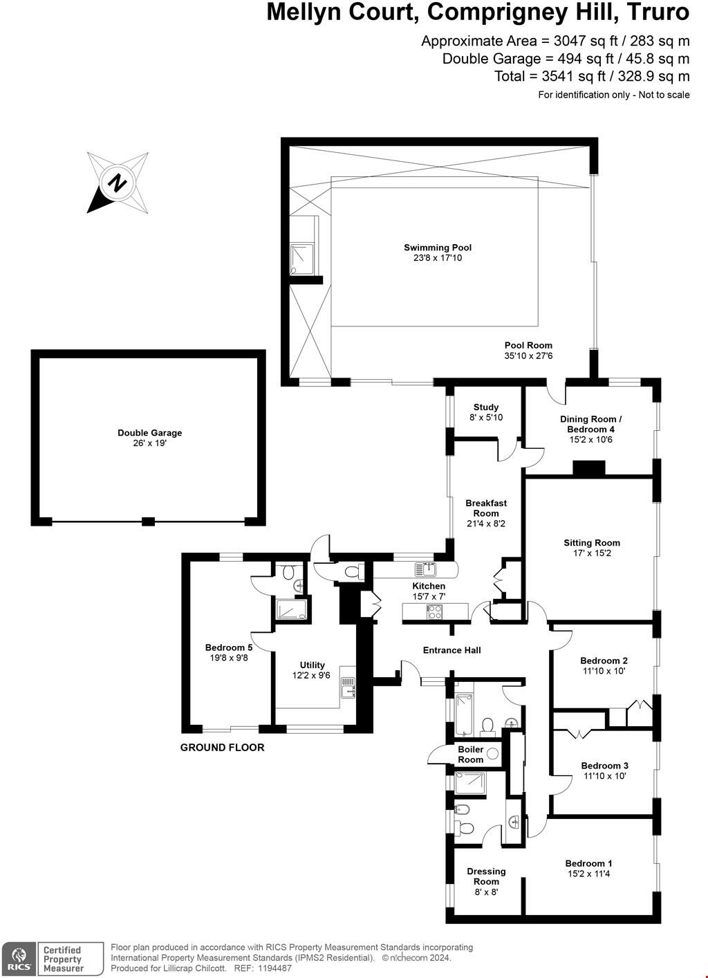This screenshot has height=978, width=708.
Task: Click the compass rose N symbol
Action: click(x=117, y=183)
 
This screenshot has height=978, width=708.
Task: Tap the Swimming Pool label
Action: click(x=438, y=248)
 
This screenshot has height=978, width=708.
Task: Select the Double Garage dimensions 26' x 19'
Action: click(x=150, y=443)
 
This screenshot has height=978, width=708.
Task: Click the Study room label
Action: click(x=486, y=407)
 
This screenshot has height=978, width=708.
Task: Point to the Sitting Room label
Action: click(x=592, y=543)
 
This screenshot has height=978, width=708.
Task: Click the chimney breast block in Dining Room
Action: click(x=588, y=468)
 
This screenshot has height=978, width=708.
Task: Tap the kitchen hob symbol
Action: click(x=436, y=611)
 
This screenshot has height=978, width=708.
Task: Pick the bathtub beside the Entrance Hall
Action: click(x=463, y=712)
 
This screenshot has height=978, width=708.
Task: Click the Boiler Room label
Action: click(x=471, y=755)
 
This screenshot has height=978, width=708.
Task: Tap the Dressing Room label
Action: click(x=486, y=876)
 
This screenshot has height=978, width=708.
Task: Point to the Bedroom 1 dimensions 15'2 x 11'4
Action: click(x=588, y=874)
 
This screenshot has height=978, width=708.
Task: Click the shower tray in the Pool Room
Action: click(x=302, y=259)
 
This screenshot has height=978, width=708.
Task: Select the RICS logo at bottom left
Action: click(x=16, y=959)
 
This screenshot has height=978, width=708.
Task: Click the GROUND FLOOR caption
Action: click(x=222, y=748)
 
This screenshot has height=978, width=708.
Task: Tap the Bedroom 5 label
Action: click(x=228, y=647)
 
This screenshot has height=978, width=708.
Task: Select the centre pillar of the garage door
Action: click(x=148, y=521)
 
